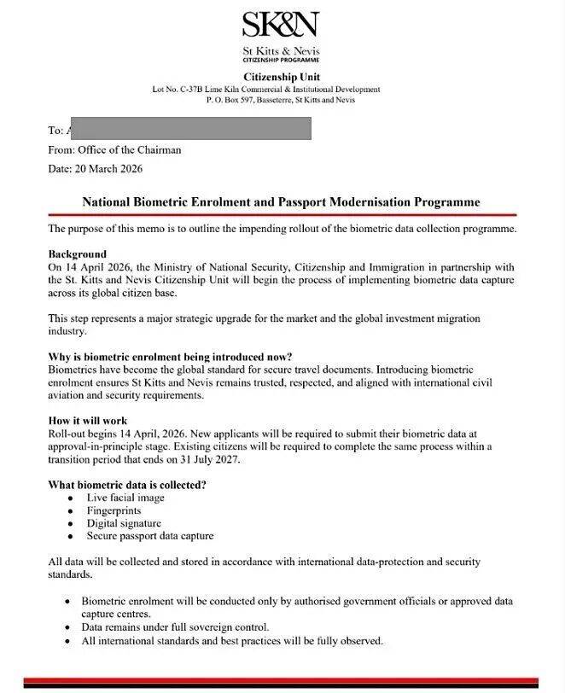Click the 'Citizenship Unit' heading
[x=281, y=78]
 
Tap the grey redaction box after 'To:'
[x=188, y=130]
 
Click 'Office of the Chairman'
[x=129, y=149]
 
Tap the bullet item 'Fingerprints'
[x=114, y=510]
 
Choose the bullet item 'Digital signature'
[x=124, y=523]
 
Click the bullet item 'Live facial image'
[x=125, y=498]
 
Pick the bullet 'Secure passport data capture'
[x=150, y=536]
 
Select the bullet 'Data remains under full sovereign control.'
[x=175, y=626]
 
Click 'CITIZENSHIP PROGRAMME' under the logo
[x=281, y=61]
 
